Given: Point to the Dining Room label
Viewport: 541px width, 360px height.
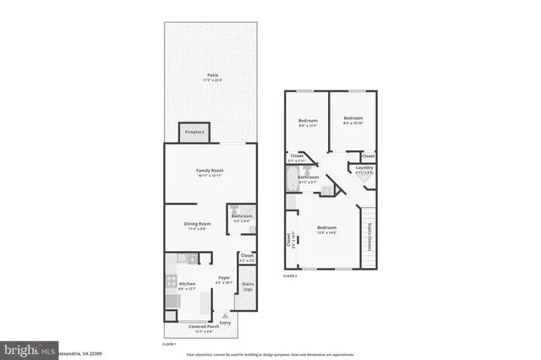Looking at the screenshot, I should (x=197, y=225).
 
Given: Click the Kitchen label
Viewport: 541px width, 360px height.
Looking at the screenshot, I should (x=188, y=285).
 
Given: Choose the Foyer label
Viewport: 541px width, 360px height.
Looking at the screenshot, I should (x=224, y=278).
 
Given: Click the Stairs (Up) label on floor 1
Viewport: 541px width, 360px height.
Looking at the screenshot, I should (x=248, y=286).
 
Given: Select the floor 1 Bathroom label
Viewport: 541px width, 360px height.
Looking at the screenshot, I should (x=243, y=217).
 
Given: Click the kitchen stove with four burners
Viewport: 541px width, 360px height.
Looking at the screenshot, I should (x=172, y=282).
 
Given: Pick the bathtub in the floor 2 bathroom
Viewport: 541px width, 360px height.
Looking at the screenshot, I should (x=292, y=178).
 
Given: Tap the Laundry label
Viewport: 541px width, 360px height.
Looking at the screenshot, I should (x=364, y=168).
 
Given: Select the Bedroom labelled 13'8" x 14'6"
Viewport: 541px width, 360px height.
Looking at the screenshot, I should (x=327, y=229).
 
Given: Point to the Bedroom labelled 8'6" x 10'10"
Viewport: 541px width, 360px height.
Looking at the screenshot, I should (x=352, y=119).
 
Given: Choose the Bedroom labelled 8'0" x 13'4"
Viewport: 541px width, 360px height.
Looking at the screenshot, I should (x=307, y=123).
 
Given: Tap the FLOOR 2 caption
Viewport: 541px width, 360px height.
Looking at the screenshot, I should (x=290, y=276).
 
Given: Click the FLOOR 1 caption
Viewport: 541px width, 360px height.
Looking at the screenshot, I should (x=169, y=344).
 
